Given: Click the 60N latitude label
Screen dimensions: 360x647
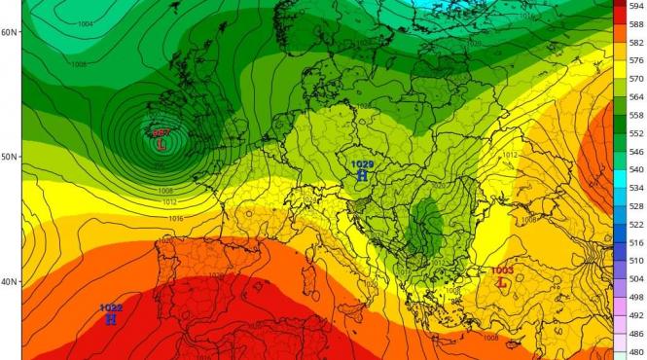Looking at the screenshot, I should (x=11, y=32).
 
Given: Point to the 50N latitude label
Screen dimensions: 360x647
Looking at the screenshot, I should (x=11, y=157).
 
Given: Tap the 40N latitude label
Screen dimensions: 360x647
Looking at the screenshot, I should (x=11, y=282).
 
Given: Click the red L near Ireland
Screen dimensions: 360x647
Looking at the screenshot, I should (x=161, y=143).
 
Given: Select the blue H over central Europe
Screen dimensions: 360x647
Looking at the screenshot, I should (x=362, y=176).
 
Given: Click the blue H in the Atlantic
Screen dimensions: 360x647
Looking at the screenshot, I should (x=111, y=319).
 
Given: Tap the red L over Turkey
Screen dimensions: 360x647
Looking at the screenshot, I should (x=502, y=282).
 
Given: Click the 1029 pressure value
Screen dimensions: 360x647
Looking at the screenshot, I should (x=362, y=164).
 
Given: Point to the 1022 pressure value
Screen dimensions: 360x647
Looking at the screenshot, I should (x=111, y=308).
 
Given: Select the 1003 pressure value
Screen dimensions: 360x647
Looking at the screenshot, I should (x=502, y=270).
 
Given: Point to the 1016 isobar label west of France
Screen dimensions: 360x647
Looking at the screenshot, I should (x=176, y=219).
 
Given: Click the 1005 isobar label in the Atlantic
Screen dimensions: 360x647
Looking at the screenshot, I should (x=78, y=64).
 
